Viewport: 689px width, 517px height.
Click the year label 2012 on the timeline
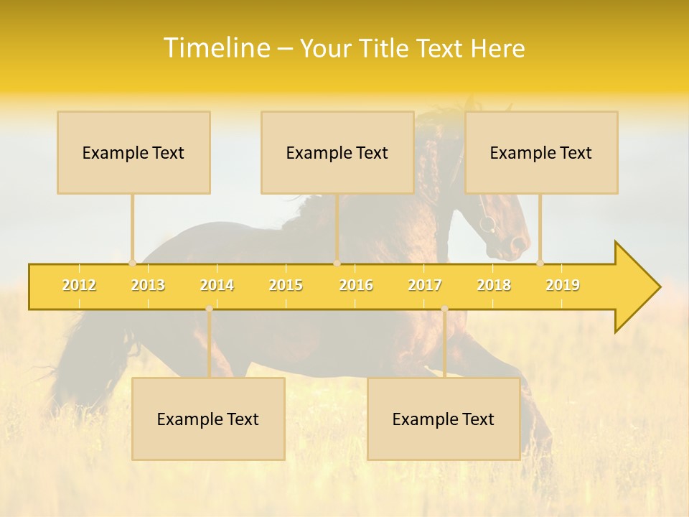pyautogui.click(x=79, y=286)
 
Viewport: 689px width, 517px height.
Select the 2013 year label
pyautogui.click(x=148, y=286)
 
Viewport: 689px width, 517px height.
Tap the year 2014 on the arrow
pyautogui.click(x=217, y=286)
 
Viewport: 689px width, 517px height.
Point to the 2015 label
pyautogui.click(x=286, y=286)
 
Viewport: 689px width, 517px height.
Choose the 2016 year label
pyautogui.click(x=356, y=286)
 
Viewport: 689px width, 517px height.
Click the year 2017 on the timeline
pyautogui.click(x=425, y=286)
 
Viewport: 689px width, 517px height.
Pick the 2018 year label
pyautogui.click(x=494, y=286)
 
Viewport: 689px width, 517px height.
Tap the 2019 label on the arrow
pyautogui.click(x=563, y=286)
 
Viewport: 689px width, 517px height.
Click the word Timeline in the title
pyautogui.click(x=215, y=48)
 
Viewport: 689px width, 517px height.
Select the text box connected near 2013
pyautogui.click(x=133, y=152)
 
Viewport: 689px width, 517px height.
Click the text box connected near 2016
pyautogui.click(x=337, y=152)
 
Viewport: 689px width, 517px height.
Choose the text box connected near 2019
pyautogui.click(x=541, y=152)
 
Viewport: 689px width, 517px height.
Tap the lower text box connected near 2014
pyautogui.click(x=208, y=419)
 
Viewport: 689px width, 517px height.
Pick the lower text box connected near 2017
pyautogui.click(x=444, y=419)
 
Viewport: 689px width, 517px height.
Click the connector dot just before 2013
pyautogui.click(x=132, y=263)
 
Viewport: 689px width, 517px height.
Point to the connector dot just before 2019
pyautogui.click(x=540, y=263)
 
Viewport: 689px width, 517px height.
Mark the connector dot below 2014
pyautogui.click(x=209, y=309)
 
